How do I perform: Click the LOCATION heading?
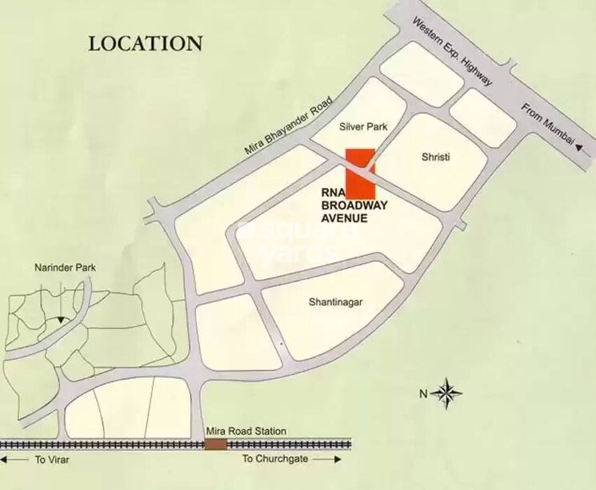point(145,42)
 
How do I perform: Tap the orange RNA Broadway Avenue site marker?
point(360,174)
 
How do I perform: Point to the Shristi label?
point(436,157)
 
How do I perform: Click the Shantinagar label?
point(337,302)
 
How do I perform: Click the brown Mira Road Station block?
point(214,444)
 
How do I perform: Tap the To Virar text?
point(51,460)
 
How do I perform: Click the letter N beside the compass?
point(424,393)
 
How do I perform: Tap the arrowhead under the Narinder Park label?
point(60,321)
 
